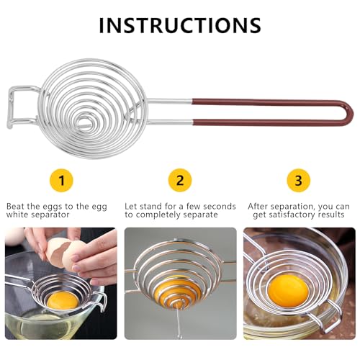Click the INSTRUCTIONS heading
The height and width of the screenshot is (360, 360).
[x=180, y=25]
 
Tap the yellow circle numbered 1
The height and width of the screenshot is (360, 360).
[x=61, y=181]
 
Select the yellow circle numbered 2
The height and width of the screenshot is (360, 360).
[x=180, y=180]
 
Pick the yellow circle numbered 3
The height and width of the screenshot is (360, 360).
[x=299, y=181]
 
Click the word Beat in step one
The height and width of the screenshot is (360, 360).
[x=16, y=206]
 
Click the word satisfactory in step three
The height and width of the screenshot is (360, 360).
[x=292, y=215]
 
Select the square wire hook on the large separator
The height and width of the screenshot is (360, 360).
[x=11, y=107]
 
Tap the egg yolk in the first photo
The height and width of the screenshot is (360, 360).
[x=63, y=300]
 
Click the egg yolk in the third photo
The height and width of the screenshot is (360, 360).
[x=288, y=290]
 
